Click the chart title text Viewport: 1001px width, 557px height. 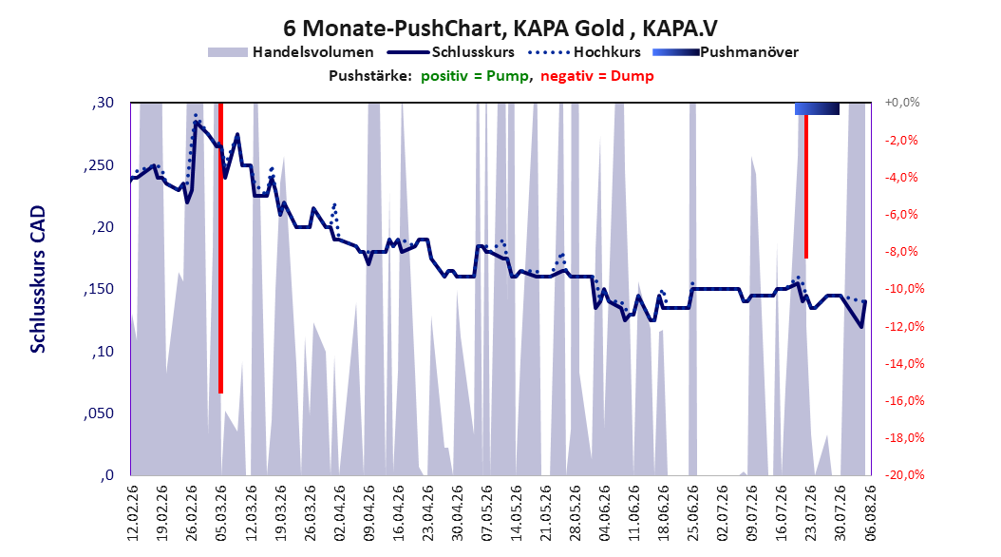click(500, 29)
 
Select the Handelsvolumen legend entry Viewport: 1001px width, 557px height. click(291, 52)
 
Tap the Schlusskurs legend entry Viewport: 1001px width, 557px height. click(451, 52)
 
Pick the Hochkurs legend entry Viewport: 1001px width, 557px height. click(584, 52)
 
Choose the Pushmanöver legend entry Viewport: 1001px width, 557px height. click(726, 52)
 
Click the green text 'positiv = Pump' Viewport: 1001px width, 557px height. click(475, 76)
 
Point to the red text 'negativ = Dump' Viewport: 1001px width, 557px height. click(597, 76)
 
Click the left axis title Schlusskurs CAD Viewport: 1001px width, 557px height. click(38, 279)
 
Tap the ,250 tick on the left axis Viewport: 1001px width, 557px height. click(99, 164)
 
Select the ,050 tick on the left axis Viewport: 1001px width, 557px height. click(99, 413)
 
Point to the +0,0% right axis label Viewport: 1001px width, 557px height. click(901, 103)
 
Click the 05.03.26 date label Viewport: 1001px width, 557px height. click(221, 513)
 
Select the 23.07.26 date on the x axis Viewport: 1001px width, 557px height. click(810, 513)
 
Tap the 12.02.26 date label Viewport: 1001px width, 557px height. click(132, 513)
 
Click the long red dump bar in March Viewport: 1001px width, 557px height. click(220, 248)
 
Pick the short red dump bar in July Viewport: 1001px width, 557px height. click(806, 186)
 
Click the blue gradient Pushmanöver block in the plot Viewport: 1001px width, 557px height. click(817, 108)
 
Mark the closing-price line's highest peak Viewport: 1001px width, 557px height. click(196, 122)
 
